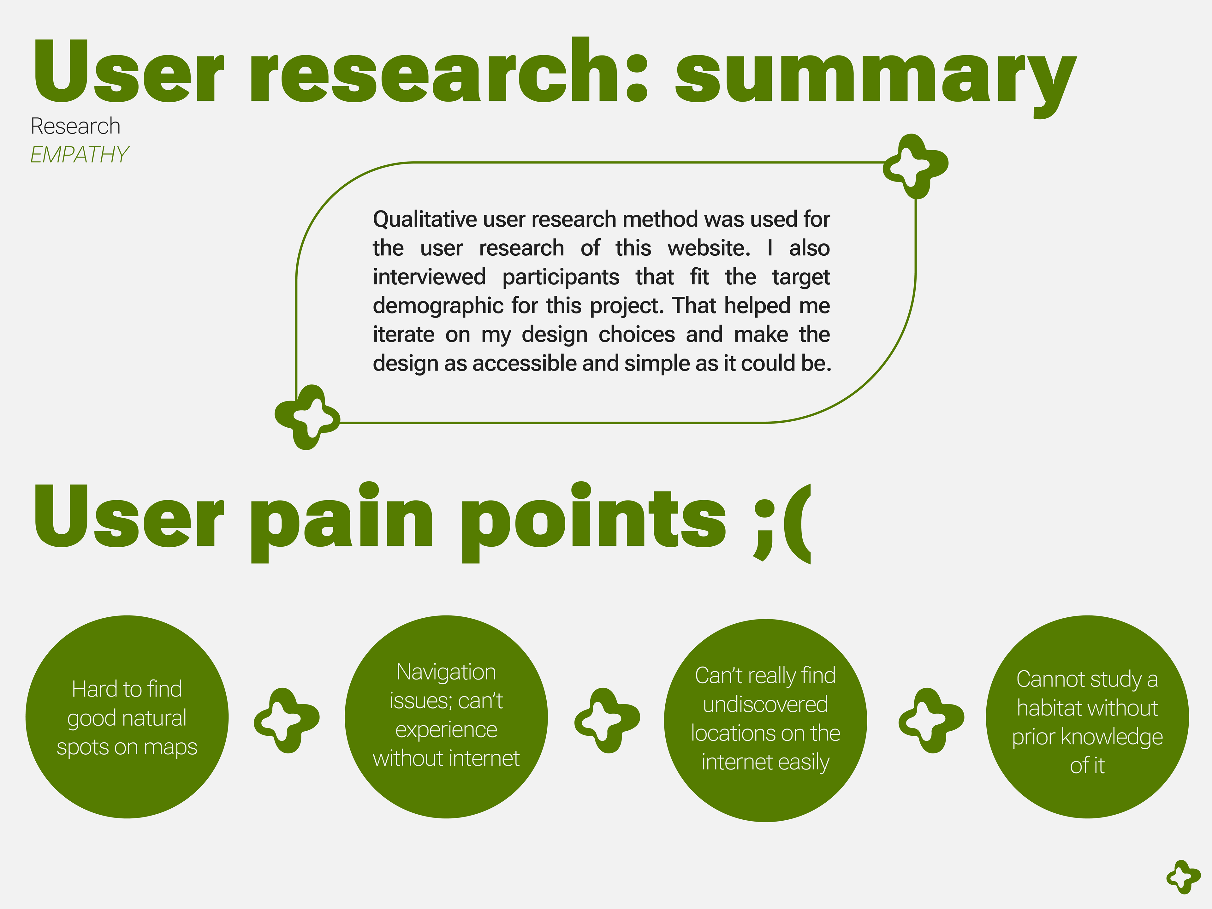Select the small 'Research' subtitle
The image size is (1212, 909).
(76, 127)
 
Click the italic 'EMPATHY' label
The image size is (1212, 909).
(80, 155)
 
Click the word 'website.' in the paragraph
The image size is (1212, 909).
(709, 248)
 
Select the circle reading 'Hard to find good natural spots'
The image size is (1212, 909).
(127, 717)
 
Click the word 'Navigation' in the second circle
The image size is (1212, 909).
(446, 672)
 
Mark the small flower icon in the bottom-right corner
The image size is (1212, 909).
(1184, 877)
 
